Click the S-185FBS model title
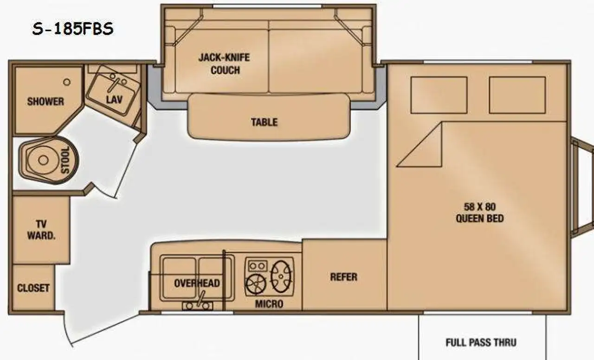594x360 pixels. [x=73, y=29]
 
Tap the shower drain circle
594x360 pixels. [x=67, y=82]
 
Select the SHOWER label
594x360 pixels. [x=45, y=102]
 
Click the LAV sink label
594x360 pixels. [x=114, y=100]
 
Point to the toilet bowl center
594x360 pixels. [x=43, y=160]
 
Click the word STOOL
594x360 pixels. [x=65, y=160]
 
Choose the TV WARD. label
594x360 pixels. [x=41, y=230]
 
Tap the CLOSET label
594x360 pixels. [x=33, y=288]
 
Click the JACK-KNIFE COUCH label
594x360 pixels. [x=224, y=64]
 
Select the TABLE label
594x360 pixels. [x=265, y=122]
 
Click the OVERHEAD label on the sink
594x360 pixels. [x=197, y=283]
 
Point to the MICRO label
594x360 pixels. [x=269, y=304]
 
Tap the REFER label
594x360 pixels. [x=344, y=277]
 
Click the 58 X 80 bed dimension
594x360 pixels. [x=480, y=207]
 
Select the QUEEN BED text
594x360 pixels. [x=480, y=219]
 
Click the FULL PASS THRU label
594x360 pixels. [x=481, y=342]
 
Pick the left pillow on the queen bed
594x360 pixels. [x=439, y=95]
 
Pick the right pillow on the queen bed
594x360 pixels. [x=517, y=95]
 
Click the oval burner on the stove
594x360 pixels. [x=281, y=277]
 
